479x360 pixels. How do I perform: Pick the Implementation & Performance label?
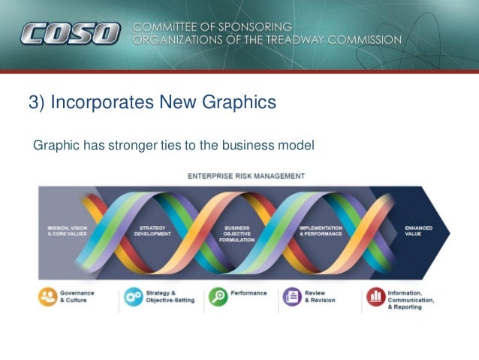[321, 230]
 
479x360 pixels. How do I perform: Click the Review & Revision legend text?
[320, 296]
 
